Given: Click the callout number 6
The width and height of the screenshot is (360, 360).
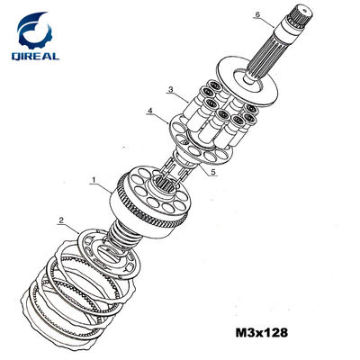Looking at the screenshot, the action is point(257,14).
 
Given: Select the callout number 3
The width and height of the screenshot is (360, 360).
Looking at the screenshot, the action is point(171,89).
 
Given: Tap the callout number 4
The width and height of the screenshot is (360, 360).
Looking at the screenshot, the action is point(150,111).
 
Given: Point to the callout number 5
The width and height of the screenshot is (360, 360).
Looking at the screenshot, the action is point(213,172).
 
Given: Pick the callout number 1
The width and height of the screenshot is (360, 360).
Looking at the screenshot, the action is point(94,180).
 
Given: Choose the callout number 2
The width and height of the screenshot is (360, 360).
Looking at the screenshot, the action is point(61,220).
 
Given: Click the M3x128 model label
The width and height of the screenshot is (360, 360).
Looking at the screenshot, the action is point(262,333).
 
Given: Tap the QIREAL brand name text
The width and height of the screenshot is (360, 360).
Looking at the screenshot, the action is point(35,56).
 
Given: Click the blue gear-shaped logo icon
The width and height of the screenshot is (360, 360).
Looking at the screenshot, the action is point(34,30).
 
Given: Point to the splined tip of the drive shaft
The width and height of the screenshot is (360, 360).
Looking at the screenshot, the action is point(300,14).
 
